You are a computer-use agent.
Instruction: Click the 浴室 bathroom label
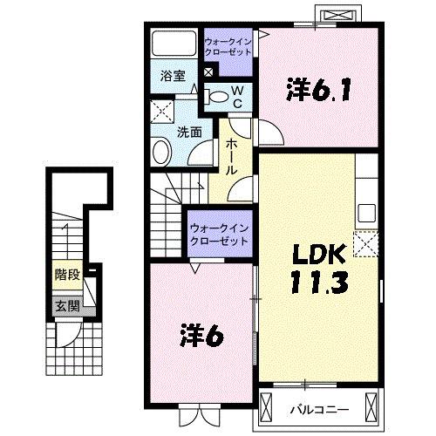click(173, 76)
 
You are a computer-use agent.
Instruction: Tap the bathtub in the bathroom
click(174, 43)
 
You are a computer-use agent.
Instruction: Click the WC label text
click(238, 97)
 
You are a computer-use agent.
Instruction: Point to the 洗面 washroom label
click(189, 133)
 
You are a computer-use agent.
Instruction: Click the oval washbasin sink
click(161, 153)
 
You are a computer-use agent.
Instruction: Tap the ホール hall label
click(231, 157)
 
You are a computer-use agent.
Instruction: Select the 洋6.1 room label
click(318, 89)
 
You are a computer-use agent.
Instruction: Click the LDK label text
click(319, 255)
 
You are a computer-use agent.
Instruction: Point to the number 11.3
click(319, 282)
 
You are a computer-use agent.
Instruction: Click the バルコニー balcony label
click(319, 410)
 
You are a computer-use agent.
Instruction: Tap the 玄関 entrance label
click(67, 306)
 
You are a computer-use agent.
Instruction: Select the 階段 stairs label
click(67, 275)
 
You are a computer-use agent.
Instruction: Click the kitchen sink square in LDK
click(366, 213)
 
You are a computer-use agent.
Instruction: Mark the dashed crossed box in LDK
click(365, 244)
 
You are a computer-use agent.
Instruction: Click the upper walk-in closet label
click(228, 47)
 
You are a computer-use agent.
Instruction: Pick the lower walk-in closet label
click(219, 235)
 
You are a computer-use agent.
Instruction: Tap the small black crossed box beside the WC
click(208, 72)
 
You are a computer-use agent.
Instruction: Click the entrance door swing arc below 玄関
click(72, 338)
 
